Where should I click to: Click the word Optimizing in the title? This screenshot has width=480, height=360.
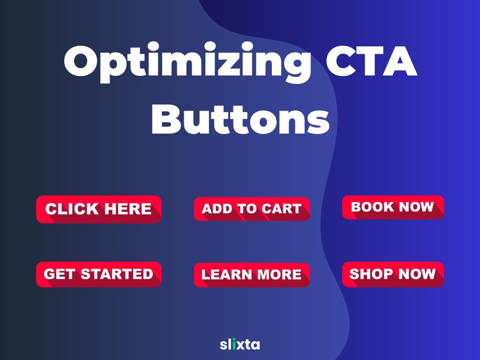click(187, 62)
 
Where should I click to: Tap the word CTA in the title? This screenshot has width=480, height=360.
click(372, 61)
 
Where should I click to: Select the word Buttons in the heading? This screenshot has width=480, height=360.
click(240, 119)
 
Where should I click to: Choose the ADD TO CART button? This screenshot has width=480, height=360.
click(252, 209)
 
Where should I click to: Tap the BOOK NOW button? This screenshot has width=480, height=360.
click(393, 207)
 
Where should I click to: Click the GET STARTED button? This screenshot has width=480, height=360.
click(98, 274)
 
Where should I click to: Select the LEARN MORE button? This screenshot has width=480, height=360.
click(252, 275)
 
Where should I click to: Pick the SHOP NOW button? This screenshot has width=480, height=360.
click(393, 274)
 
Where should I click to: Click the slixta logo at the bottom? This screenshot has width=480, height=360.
click(240, 345)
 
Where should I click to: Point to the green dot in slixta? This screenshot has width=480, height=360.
click(234, 339)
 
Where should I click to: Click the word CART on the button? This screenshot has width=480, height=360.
click(282, 209)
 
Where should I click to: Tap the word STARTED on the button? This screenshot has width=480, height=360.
click(117, 274)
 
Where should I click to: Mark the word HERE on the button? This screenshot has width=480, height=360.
click(127, 209)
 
